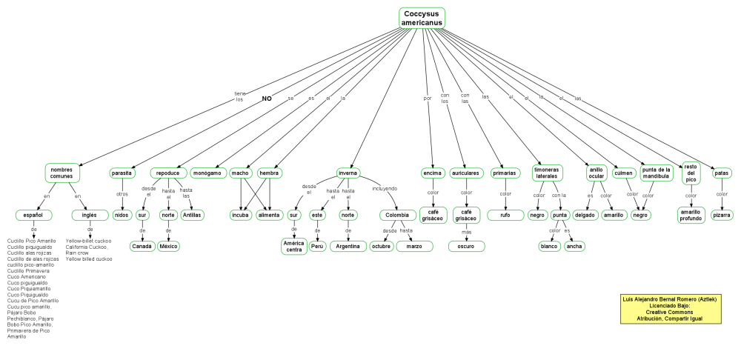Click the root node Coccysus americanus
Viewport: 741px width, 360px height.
click(422, 19)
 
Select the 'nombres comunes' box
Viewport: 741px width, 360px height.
click(62, 173)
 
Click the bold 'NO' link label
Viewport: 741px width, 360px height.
click(267, 98)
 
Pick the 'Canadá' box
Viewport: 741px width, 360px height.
click(142, 246)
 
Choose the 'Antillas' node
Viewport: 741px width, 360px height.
click(193, 215)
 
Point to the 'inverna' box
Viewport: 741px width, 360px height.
click(348, 173)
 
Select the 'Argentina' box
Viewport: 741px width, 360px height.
click(348, 246)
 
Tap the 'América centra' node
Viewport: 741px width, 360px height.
click(293, 246)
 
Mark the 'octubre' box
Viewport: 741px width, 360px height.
click(381, 246)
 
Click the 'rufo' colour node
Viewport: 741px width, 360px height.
click(505, 215)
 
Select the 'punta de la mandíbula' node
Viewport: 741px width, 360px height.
click(656, 173)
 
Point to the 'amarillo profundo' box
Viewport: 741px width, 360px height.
click(691, 215)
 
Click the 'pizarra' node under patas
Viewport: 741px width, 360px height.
click(722, 215)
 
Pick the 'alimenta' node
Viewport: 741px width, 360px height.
click(270, 215)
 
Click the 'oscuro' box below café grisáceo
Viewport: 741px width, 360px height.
click(466, 246)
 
